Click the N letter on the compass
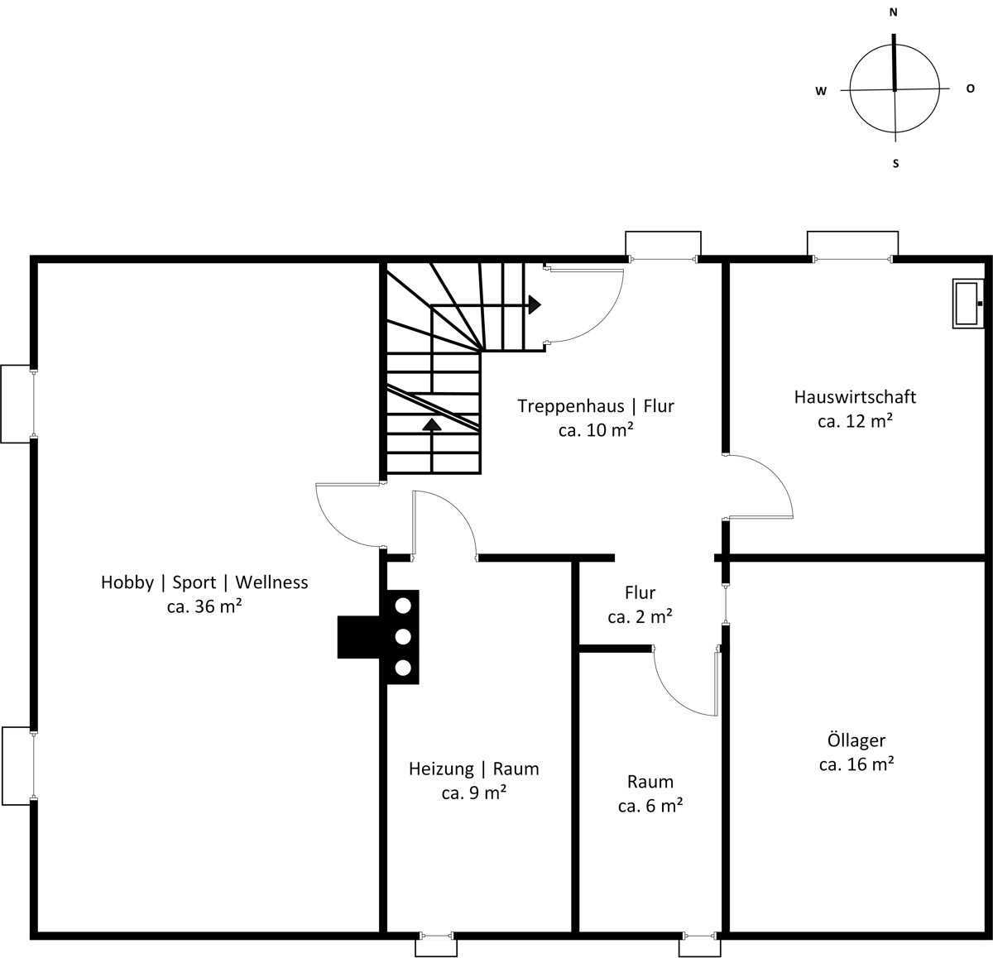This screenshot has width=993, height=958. click(893, 12)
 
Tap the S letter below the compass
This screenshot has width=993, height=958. click(895, 164)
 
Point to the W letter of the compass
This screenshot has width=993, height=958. click(821, 91)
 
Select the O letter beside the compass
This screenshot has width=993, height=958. click(970, 89)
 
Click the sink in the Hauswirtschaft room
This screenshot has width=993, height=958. click(967, 304)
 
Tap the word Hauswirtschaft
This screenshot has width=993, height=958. click(855, 397)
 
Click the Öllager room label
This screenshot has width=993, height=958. click(856, 740)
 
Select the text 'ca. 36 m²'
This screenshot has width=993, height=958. click(204, 606)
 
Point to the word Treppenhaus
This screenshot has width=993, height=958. click(570, 406)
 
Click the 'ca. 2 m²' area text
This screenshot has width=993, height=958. click(640, 616)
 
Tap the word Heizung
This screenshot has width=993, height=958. click(441, 769)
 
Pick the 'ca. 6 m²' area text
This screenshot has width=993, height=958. click(650, 806)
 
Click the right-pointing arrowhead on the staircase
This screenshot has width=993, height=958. click(535, 304)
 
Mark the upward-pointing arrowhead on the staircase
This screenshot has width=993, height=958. click(432, 424)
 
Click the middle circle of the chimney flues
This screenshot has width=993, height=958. click(403, 637)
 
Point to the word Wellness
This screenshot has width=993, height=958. click(271, 582)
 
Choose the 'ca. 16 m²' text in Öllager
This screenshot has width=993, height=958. click(856, 764)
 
